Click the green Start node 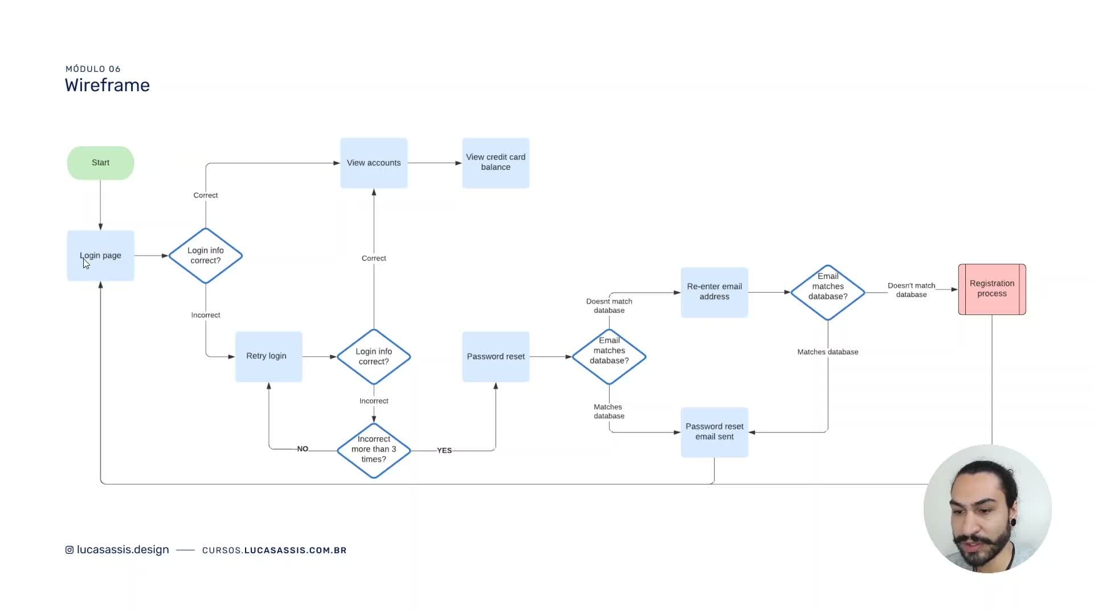coord(100,163)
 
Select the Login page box coord(100,256)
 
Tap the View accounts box coord(374,163)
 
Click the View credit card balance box coord(496,163)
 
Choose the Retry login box coord(269,356)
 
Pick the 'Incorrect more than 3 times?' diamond coord(374,450)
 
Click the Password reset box coord(496,356)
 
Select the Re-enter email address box coord(715,292)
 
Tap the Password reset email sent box coord(715,432)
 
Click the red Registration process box coord(992,289)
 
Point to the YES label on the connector coord(444,451)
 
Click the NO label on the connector coord(303,449)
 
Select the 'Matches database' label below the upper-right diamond coord(828,352)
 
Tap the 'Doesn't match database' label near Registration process coord(912,290)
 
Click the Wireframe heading coord(107,85)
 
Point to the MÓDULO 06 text coord(93,69)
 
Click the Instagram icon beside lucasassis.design coord(70,550)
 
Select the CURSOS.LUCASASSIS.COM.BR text coord(275,550)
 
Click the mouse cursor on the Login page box coord(86,264)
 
